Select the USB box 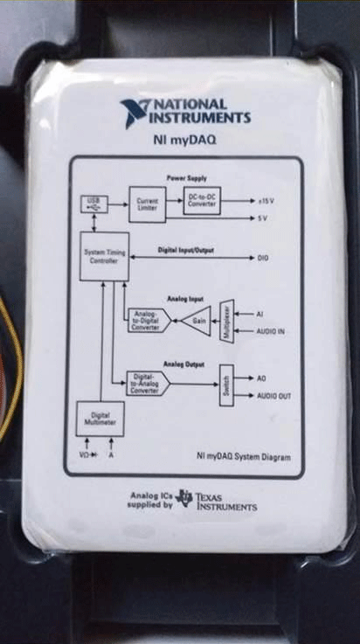[x=93, y=204]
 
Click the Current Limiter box [x=147, y=204]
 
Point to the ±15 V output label [x=266, y=201]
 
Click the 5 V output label [x=263, y=218]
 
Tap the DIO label [x=263, y=259]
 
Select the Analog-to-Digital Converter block [x=147, y=321]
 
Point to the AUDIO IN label [x=273, y=331]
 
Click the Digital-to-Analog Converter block [x=147, y=383]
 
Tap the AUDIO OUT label [x=274, y=396]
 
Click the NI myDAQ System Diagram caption [x=243, y=456]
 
